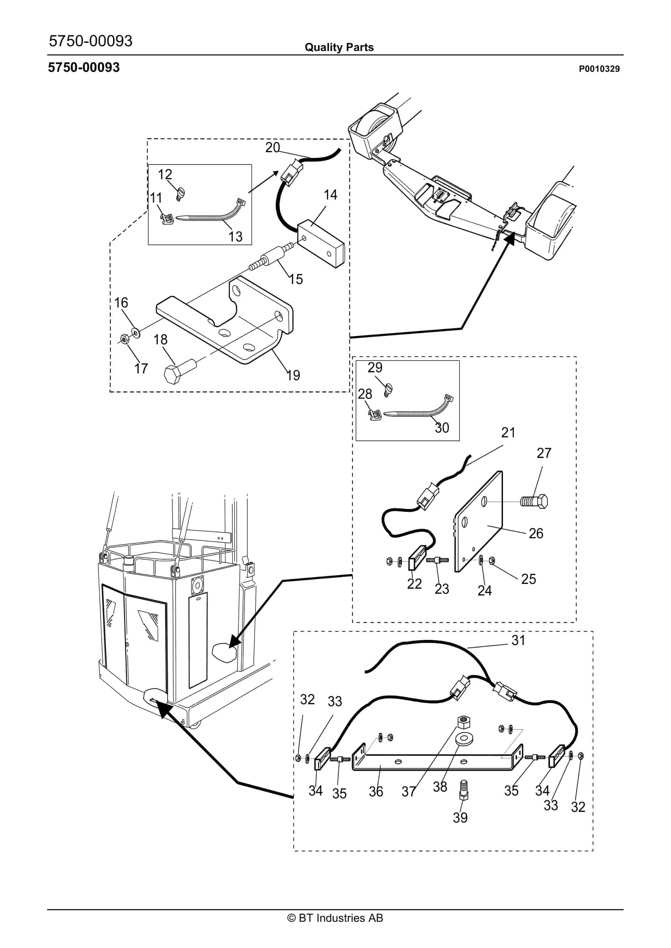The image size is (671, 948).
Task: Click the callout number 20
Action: (273, 147)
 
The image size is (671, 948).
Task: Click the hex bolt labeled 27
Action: (535, 502)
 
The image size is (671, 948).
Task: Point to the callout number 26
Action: (536, 533)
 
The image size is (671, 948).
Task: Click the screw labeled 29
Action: (388, 389)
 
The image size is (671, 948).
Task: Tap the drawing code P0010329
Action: (599, 69)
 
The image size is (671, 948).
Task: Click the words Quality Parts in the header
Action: (339, 47)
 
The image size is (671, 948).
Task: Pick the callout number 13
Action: (235, 237)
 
